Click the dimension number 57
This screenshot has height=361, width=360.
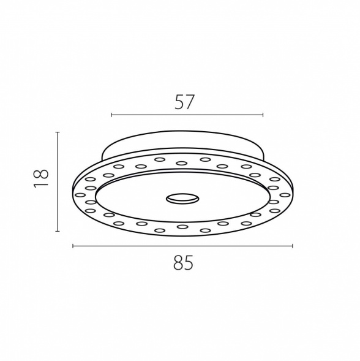click(x=184, y=102)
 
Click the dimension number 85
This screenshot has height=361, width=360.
click(x=183, y=262)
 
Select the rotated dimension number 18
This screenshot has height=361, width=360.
click(x=41, y=178)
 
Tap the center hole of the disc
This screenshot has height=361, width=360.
click(x=182, y=199)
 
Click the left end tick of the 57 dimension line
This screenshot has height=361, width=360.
click(x=111, y=115)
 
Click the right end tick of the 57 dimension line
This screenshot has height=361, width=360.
click(x=263, y=115)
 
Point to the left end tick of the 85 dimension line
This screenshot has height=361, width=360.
click(x=73, y=246)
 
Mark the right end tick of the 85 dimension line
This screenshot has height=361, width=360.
click(x=293, y=246)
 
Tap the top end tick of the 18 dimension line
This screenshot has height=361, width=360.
click(x=58, y=132)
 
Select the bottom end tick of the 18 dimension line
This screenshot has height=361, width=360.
click(x=58, y=231)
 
